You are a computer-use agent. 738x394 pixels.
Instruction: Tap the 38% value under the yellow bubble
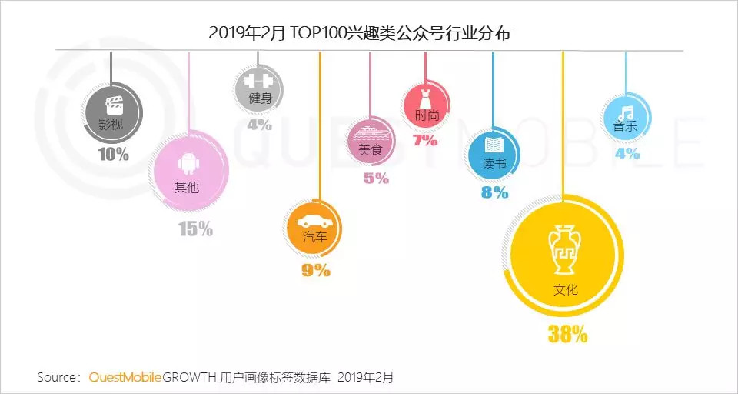[x=567, y=334]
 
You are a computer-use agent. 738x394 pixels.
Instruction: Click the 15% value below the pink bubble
[x=195, y=228]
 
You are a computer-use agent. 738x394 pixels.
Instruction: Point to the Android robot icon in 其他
[x=187, y=162]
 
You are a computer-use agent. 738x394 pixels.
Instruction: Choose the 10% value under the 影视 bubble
[x=114, y=154]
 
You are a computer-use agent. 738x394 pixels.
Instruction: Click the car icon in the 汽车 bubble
[x=316, y=219]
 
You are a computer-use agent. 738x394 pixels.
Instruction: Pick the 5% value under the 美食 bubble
[x=376, y=179]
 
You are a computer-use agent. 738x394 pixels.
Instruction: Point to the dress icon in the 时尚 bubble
[x=426, y=98]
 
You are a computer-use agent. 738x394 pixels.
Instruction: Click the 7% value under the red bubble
[x=425, y=140]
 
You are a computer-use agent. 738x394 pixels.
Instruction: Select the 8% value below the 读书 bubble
[x=494, y=192]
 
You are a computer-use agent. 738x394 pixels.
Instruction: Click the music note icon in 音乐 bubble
[x=626, y=110]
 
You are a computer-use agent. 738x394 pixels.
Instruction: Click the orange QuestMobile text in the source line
[x=125, y=377]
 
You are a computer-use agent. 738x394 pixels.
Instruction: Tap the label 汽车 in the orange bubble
[x=315, y=237]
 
